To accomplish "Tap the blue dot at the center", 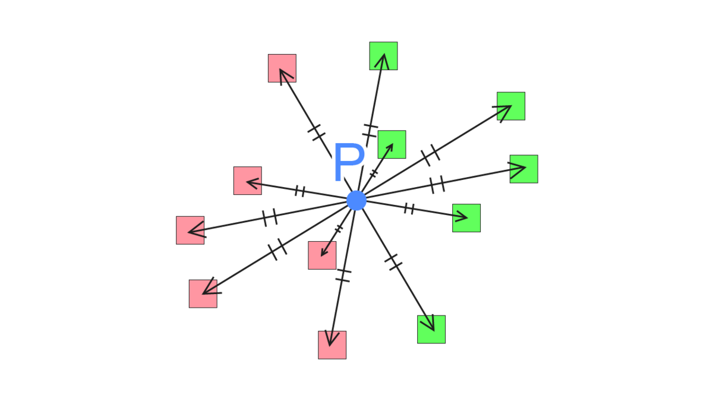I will [x=356, y=201].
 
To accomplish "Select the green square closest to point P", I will [x=392, y=144].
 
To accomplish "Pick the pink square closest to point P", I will [x=322, y=255].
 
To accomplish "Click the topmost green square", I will [x=383, y=56].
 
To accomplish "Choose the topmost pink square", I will [x=282, y=68].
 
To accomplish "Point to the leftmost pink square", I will [x=190, y=230].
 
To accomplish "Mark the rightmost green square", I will [x=523, y=169].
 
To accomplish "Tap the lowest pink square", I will [x=332, y=345].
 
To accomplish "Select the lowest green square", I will [x=431, y=329].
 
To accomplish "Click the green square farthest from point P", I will [x=511, y=106].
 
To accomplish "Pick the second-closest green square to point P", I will [x=466, y=218].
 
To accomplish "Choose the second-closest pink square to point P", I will [x=247, y=181].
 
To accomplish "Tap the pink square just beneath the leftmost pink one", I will [x=203, y=293].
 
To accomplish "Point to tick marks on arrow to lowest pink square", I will [x=343, y=275].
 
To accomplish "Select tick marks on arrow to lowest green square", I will [x=393, y=262].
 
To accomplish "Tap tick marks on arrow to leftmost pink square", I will [x=270, y=217].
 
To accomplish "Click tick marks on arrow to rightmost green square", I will [x=437, y=185].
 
